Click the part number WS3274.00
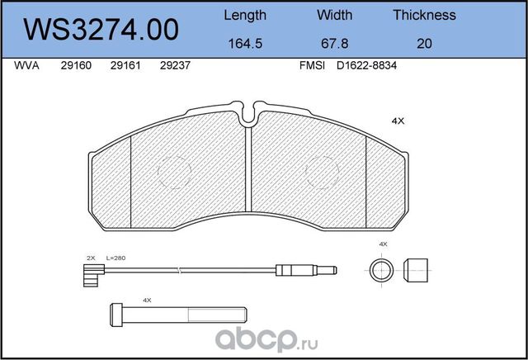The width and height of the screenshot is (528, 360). [101, 30]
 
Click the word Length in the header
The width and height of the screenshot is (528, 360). [245, 16]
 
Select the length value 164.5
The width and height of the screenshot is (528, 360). [245, 44]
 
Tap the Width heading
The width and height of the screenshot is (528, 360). [334, 15]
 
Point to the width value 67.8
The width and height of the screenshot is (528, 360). [335, 44]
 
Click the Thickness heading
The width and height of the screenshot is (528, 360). [424, 15]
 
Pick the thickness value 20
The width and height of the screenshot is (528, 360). [424, 44]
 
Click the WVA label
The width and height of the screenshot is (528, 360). [26, 65]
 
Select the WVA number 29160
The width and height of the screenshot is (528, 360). [76, 65]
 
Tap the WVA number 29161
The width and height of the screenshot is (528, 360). [125, 65]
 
